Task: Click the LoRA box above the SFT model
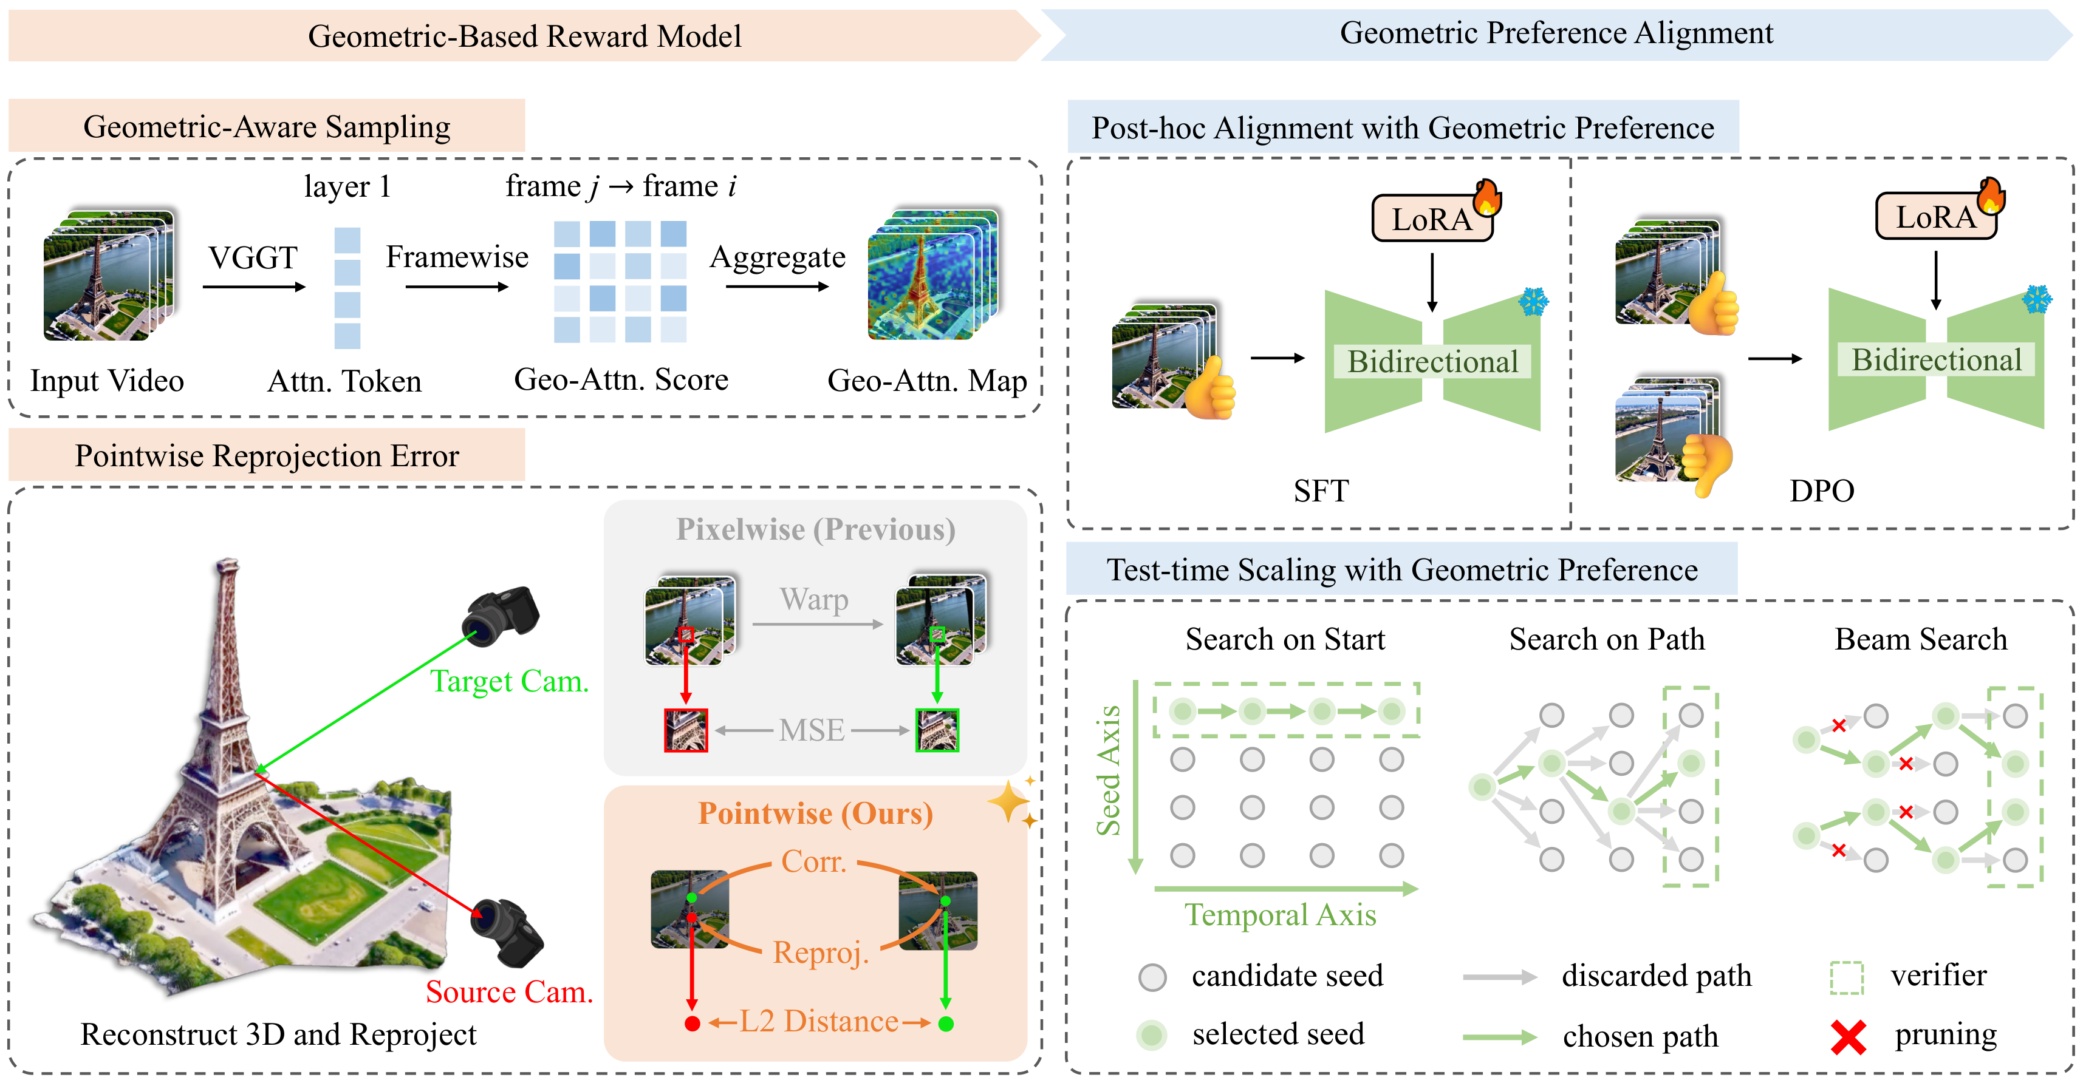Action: (1432, 218)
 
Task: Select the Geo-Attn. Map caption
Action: (926, 380)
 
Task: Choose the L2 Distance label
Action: (818, 1022)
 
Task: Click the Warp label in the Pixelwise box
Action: (814, 599)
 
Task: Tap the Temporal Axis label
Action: (1280, 915)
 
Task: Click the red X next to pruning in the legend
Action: (1849, 1037)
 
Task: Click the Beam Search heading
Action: (1920, 639)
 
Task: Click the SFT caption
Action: (1321, 491)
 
